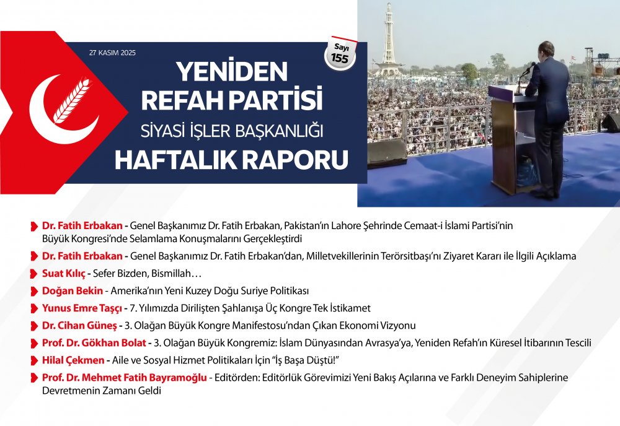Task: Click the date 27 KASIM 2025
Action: (x=112, y=53)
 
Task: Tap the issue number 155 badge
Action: (x=340, y=54)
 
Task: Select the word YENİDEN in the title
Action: (x=232, y=71)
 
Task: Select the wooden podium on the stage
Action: (x=510, y=139)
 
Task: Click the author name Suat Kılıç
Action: (x=64, y=274)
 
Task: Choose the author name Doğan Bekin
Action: (x=73, y=291)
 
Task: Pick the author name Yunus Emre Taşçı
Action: (x=82, y=308)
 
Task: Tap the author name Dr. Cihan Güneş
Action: (x=79, y=326)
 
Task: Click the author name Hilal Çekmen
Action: (x=73, y=360)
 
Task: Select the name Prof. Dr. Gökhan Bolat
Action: (x=94, y=343)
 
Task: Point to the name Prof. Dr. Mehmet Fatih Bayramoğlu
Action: (x=125, y=378)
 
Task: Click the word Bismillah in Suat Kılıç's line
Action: (x=171, y=274)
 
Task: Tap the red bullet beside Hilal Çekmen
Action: (x=34, y=361)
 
